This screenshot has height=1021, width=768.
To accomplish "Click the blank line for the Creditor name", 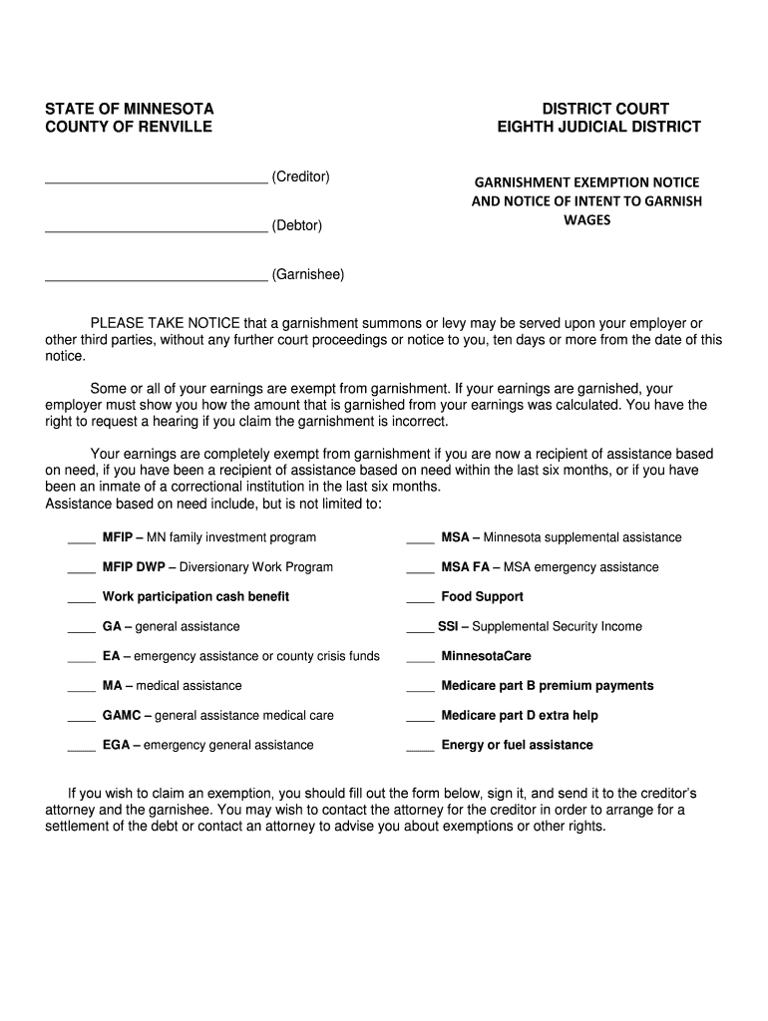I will click(157, 181).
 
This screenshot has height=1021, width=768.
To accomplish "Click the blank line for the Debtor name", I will click(157, 230).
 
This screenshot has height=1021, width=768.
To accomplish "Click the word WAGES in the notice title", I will click(587, 219).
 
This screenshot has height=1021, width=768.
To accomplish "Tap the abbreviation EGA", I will click(116, 745).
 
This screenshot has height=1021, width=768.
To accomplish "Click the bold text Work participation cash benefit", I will click(195, 596).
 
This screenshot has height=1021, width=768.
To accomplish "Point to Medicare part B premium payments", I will click(548, 685).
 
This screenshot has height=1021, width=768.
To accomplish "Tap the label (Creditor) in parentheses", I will click(300, 176).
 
